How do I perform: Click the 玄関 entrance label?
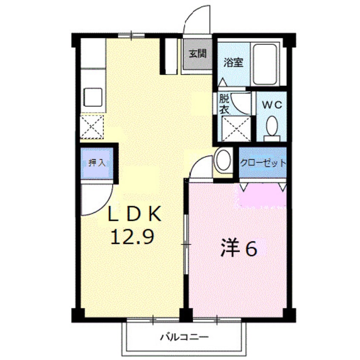tap(197, 54)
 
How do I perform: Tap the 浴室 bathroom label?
tap(233, 62)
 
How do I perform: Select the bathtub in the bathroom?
tap(265, 64)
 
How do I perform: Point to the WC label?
tap(272, 104)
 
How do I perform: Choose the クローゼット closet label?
tap(263, 163)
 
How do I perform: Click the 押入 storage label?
tap(97, 163)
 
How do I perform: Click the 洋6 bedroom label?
tap(239, 249)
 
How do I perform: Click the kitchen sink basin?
tap(93, 97)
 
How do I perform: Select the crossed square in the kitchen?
tap(92, 126)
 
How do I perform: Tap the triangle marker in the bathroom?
tap(223, 81)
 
